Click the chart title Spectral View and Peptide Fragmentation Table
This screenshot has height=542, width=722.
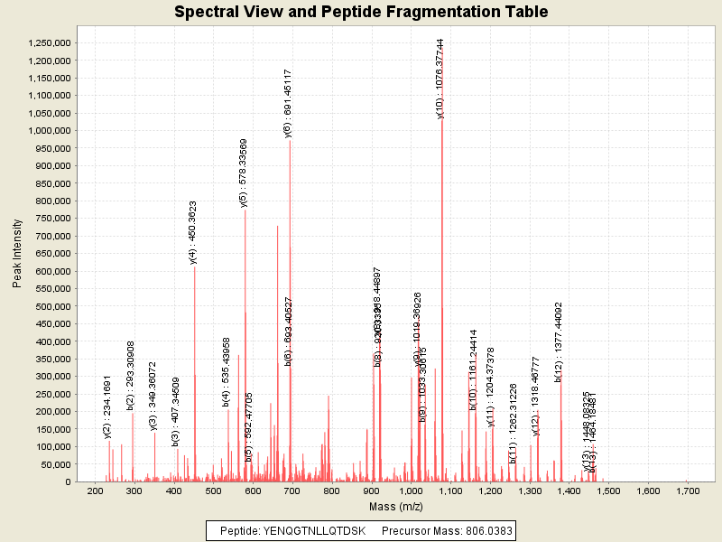tap(361, 12)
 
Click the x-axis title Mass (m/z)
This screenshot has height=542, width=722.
tap(391, 506)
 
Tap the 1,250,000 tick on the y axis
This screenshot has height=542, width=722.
tap(50, 43)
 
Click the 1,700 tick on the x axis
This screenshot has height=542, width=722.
tap(687, 491)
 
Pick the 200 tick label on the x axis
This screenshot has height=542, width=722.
tap(94, 491)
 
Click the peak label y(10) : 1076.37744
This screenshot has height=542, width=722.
tap(440, 79)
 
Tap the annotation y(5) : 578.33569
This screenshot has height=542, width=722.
tap(244, 173)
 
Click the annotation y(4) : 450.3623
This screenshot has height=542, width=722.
tap(193, 232)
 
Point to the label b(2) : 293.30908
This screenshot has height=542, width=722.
tap(131, 376)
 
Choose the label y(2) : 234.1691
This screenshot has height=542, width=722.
tap(106, 406)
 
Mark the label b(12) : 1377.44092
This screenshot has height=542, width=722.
tap(559, 341)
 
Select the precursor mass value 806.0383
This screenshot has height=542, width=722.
tap(481, 530)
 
